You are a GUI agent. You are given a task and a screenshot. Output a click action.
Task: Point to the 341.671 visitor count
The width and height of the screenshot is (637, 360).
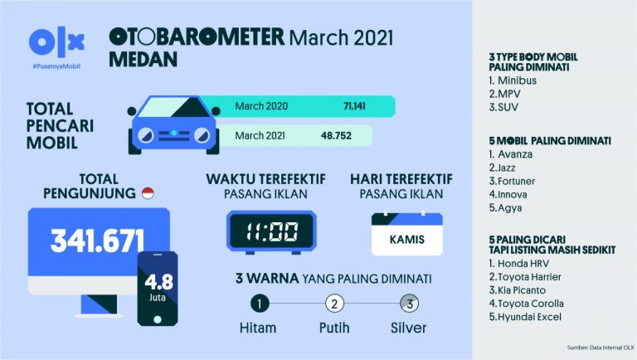pyautogui.click(x=97, y=241)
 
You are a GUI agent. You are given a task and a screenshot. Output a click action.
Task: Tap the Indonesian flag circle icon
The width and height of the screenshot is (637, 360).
pyautogui.click(x=148, y=194)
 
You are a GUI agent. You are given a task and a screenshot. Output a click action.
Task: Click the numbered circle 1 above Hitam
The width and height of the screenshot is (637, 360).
pyautogui.click(x=260, y=303)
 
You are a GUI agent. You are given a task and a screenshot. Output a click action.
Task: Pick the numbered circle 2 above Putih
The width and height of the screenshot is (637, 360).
pyautogui.click(x=334, y=303)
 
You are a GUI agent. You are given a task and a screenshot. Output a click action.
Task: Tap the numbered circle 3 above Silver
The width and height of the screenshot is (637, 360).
pyautogui.click(x=408, y=303)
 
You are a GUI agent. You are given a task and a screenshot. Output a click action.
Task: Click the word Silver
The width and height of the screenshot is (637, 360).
pyautogui.click(x=408, y=328)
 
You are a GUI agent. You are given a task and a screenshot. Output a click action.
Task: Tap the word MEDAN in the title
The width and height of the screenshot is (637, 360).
pyautogui.click(x=144, y=59)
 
